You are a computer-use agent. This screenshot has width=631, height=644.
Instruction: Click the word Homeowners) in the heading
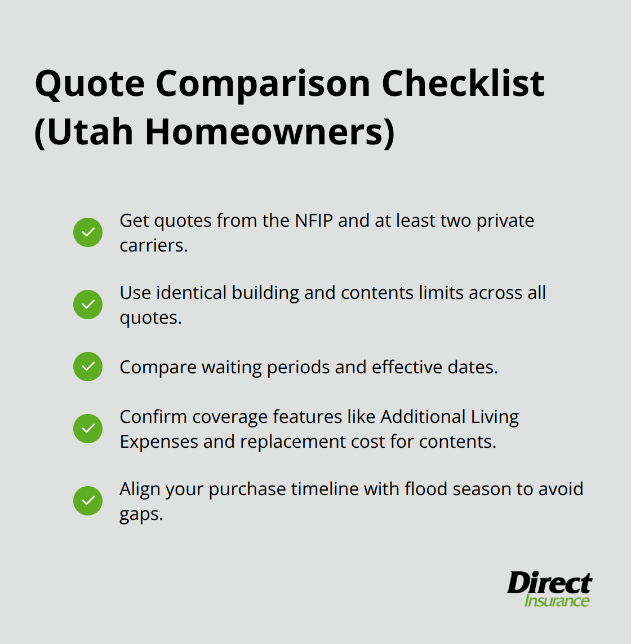[x=270, y=132]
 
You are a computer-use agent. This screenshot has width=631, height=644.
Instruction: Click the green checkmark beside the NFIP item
[x=88, y=232]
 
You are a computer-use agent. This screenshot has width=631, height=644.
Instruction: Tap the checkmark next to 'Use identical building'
[x=88, y=305]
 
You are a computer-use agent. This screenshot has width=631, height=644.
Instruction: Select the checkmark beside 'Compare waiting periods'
[x=88, y=367]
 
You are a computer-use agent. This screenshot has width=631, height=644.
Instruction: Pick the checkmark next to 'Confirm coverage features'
[x=88, y=429]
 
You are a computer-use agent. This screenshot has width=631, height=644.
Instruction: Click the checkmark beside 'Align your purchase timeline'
[x=88, y=501]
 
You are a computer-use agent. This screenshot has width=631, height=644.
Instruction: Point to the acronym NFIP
[x=314, y=220]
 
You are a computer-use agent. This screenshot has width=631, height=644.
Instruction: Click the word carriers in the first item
[x=152, y=245]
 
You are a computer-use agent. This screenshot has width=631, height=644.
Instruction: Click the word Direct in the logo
[x=549, y=583]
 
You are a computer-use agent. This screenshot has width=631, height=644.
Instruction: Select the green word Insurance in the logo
[x=557, y=601]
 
